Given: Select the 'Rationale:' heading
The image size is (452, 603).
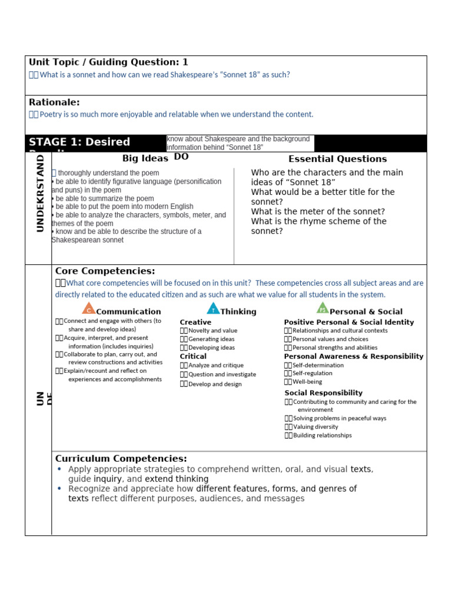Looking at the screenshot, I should (x=54, y=102).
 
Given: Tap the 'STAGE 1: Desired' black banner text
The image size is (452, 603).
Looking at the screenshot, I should (x=79, y=142).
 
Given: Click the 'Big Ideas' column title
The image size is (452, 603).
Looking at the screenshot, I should (x=145, y=158).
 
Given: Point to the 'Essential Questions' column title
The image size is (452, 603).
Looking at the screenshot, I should (x=337, y=159).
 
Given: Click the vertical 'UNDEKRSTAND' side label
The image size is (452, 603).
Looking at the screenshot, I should (x=40, y=193).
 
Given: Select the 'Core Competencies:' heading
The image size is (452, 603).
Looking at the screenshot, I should (x=105, y=271).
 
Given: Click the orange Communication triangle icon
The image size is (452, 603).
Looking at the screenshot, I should (x=88, y=309).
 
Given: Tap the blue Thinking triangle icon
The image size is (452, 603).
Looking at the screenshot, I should (x=212, y=309).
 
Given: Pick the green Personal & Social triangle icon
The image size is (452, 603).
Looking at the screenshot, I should (x=322, y=308).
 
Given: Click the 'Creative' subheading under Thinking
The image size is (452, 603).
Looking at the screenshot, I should (x=195, y=322).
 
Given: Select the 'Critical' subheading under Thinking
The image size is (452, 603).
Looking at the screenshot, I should (x=193, y=356).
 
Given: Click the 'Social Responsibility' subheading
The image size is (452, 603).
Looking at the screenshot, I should (x=323, y=393).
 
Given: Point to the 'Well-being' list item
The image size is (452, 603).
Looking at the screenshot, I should (x=307, y=382).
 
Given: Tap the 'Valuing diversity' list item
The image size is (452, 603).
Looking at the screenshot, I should (x=315, y=427).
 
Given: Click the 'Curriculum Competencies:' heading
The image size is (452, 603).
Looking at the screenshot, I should (x=121, y=459).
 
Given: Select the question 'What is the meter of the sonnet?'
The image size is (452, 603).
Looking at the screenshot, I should (x=318, y=211).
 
